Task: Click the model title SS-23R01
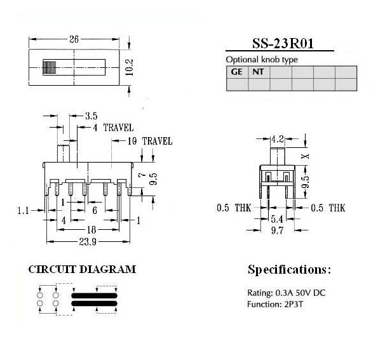[283, 43]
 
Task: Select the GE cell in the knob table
[237, 72]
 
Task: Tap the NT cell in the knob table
[259, 72]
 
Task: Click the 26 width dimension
[74, 39]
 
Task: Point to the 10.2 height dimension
[130, 67]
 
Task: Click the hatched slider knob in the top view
[50, 67]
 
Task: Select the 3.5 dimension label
[91, 116]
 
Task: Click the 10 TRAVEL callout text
[150, 141]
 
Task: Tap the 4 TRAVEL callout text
[113, 128]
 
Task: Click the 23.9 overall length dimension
[88, 241]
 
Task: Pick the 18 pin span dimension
[91, 230]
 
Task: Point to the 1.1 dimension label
[23, 211]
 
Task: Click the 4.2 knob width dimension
[278, 139]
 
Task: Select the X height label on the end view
[305, 156]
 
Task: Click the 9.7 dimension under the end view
[278, 230]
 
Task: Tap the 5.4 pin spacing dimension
[277, 219]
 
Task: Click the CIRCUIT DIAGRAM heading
[82, 269]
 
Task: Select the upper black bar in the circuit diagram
[94, 296]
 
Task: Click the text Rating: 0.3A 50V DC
[287, 293]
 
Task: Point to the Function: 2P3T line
[275, 304]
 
